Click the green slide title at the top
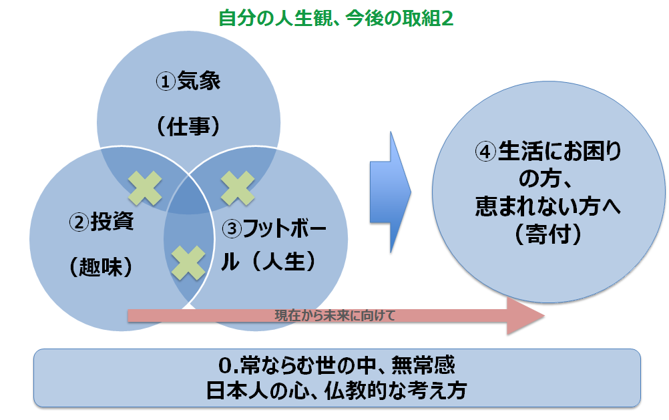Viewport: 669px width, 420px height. tap(336, 18)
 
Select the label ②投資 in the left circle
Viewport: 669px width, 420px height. tap(101, 222)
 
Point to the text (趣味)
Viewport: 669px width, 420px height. tap(100, 265)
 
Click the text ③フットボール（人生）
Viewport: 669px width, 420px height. tap(274, 244)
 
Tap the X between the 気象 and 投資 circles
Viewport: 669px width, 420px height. tap(145, 188)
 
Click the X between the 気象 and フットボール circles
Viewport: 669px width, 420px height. tap(236, 188)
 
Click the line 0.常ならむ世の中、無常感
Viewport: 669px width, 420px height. tap(337, 367)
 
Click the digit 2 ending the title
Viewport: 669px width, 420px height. tap(447, 18)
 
